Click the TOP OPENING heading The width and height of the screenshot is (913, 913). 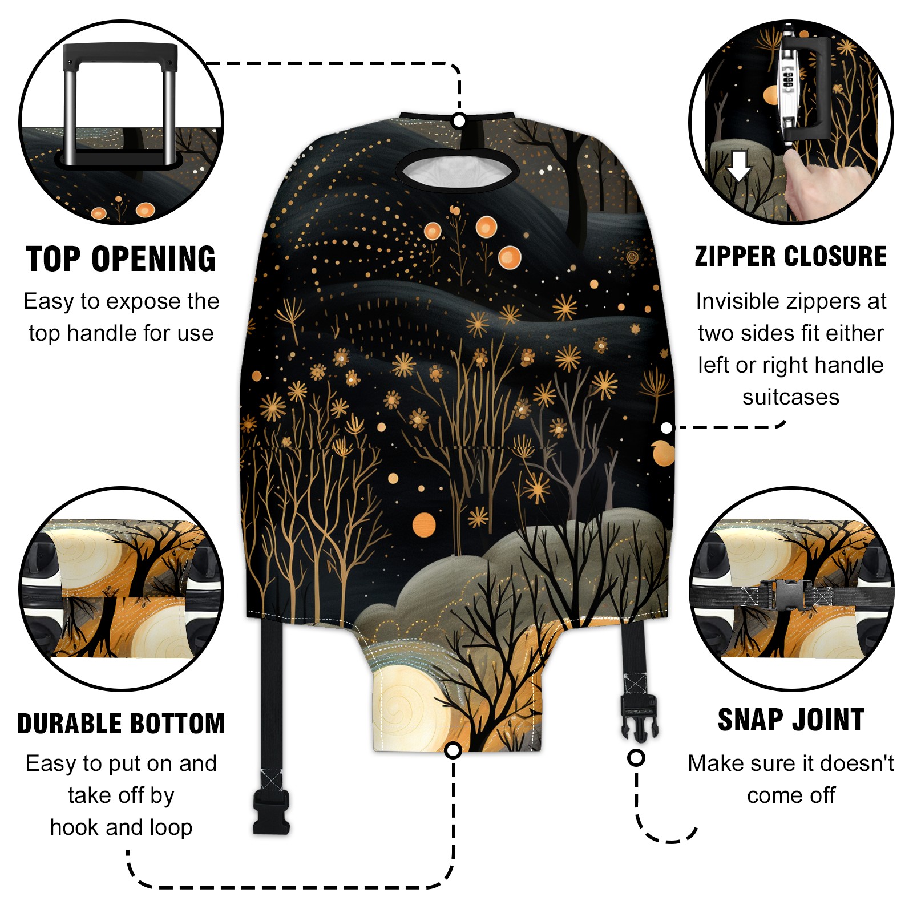(x=121, y=259)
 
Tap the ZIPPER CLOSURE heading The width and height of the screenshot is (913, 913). (x=791, y=256)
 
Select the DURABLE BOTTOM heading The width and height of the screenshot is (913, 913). (x=121, y=724)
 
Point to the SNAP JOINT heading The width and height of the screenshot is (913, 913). (x=791, y=720)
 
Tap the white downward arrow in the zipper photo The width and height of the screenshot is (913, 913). (x=740, y=165)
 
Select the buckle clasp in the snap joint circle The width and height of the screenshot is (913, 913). (x=785, y=594)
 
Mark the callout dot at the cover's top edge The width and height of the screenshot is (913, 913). (x=459, y=121)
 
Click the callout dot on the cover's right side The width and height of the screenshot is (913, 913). (x=666, y=427)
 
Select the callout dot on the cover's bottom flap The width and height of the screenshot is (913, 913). (x=453, y=750)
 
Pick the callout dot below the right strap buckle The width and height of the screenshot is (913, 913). (x=636, y=758)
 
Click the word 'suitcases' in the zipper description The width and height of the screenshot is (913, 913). (x=791, y=397)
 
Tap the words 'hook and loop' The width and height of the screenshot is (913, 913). (x=121, y=827)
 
